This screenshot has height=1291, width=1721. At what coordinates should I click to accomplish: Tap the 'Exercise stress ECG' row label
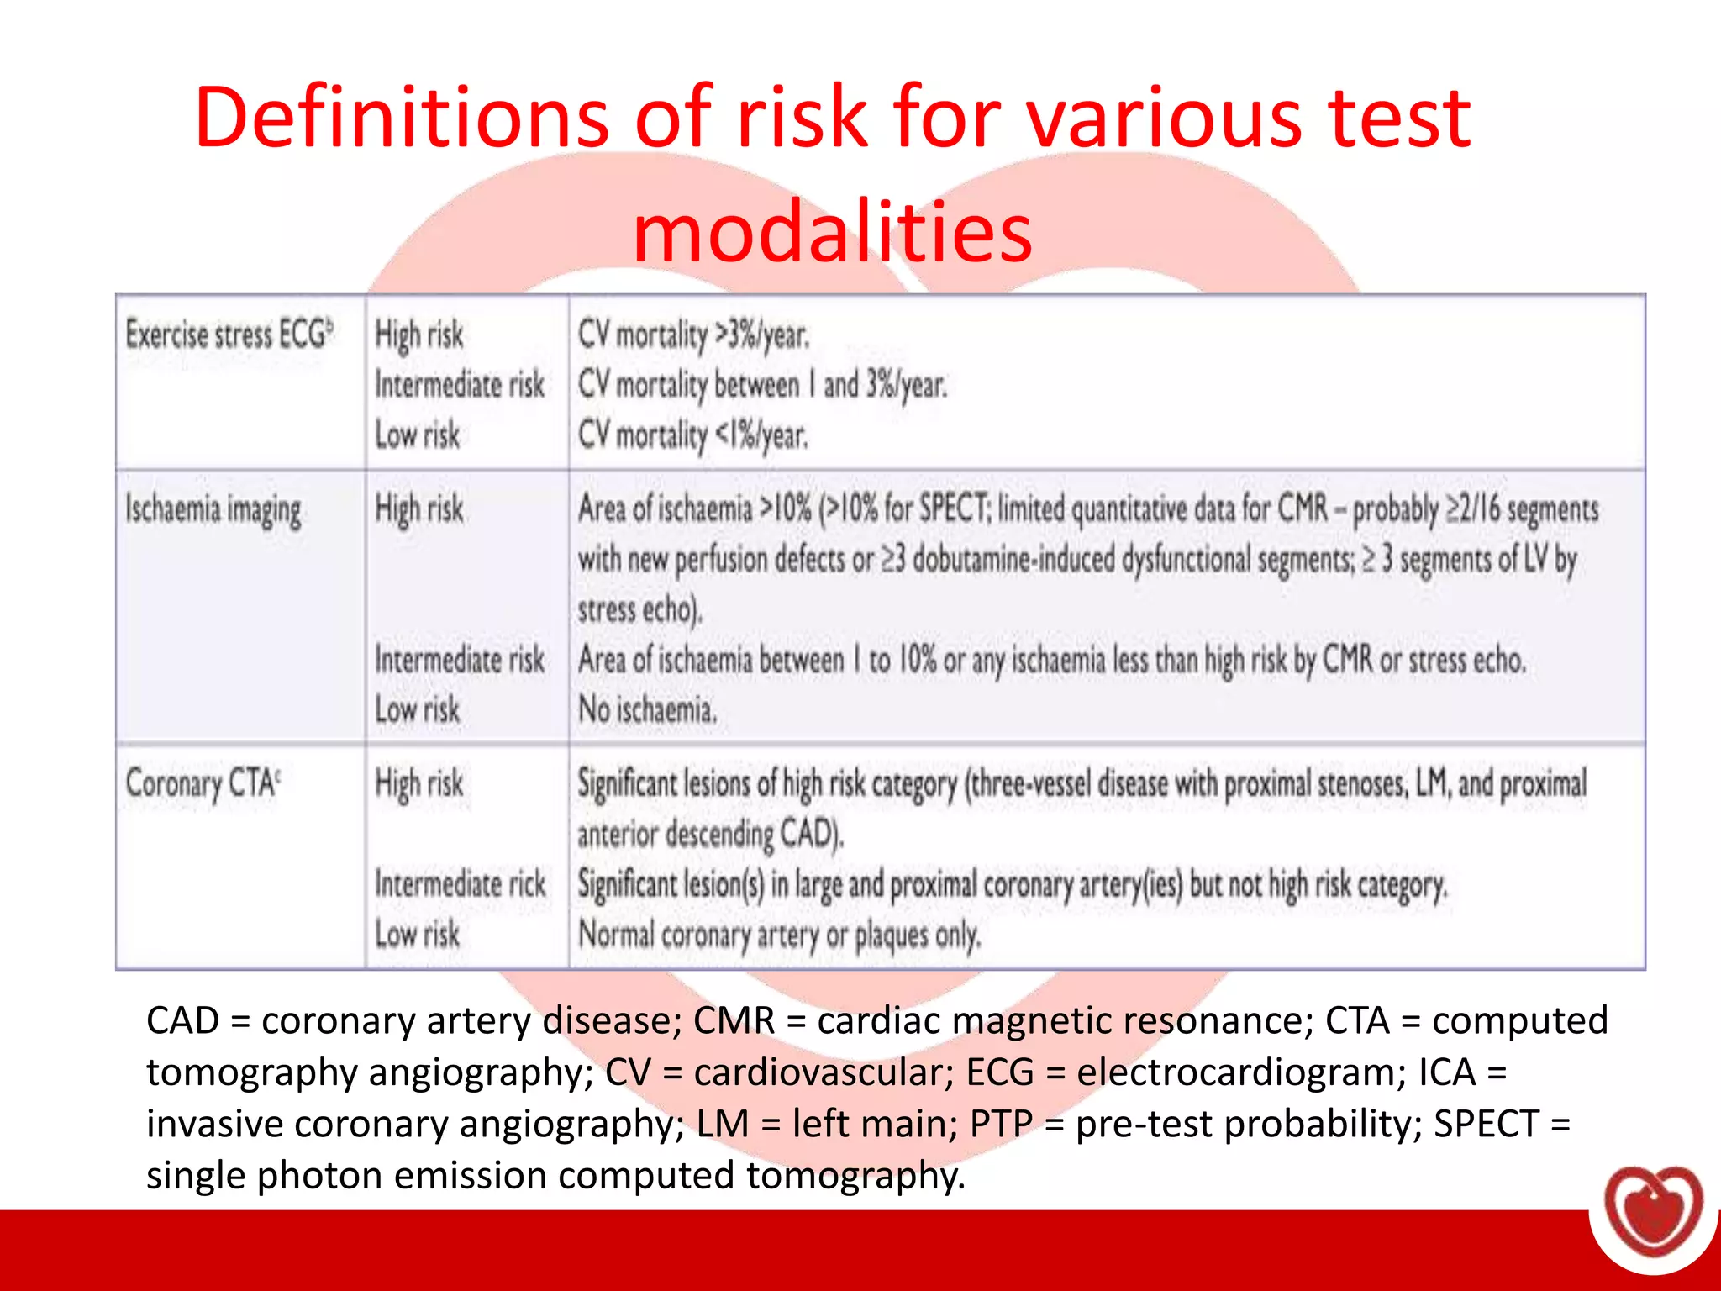[x=229, y=335]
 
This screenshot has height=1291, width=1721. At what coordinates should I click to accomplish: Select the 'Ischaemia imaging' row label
[x=213, y=510]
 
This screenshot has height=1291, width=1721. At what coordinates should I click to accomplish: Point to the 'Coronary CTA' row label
[x=203, y=783]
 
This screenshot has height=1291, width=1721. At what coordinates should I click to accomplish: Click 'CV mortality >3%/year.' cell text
[x=693, y=335]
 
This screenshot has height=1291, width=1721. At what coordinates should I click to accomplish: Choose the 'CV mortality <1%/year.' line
[x=692, y=435]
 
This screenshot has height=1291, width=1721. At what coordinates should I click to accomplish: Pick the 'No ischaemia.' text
[x=647, y=710]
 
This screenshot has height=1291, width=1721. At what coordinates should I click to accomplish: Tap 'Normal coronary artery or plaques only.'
[x=779, y=935]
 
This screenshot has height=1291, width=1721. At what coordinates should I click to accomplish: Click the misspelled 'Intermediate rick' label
[x=460, y=884]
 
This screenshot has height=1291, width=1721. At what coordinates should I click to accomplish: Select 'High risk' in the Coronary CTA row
[x=418, y=783]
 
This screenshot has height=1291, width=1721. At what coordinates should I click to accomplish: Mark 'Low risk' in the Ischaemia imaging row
[x=417, y=710]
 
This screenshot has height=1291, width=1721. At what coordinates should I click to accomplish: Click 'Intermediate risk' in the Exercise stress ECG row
[x=460, y=385]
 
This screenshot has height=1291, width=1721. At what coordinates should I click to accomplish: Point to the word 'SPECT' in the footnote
[x=1486, y=1124]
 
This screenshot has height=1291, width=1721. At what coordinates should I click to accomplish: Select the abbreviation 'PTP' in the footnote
[x=1001, y=1124]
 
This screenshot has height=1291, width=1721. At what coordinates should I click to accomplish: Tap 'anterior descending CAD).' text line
[x=710, y=834]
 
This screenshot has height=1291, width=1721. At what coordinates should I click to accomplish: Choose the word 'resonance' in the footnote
[x=1214, y=1021]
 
